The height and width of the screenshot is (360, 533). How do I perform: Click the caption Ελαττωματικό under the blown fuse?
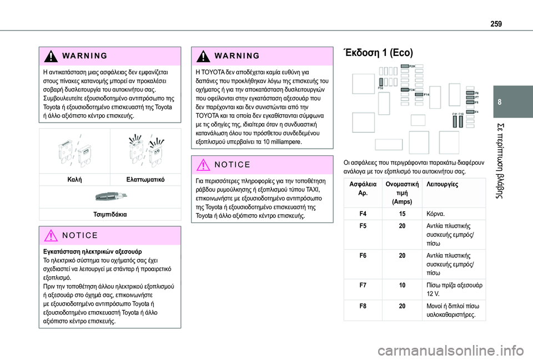(143, 181)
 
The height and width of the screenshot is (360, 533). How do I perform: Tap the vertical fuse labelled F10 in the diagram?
(461, 122)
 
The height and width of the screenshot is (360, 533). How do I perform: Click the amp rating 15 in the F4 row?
(402, 213)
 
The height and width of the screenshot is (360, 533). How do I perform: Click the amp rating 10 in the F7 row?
(402, 285)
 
